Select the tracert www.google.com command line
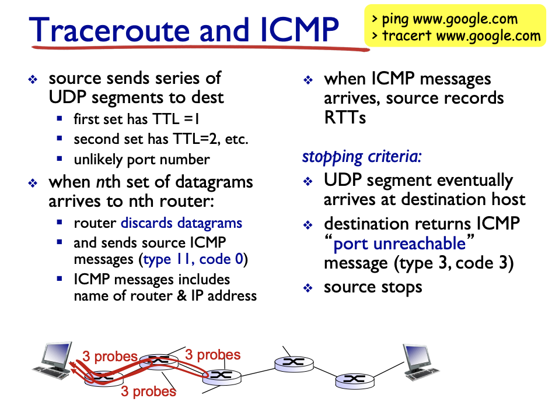tap(461, 36)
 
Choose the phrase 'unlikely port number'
tap(142, 159)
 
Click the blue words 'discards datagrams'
tap(181, 223)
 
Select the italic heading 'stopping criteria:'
tap(362, 156)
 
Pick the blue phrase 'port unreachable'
tap(400, 243)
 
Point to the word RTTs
tap(345, 118)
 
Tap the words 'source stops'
tap(373, 287)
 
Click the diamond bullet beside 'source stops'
tap(309, 288)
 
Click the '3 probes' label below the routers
tap(148, 391)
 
